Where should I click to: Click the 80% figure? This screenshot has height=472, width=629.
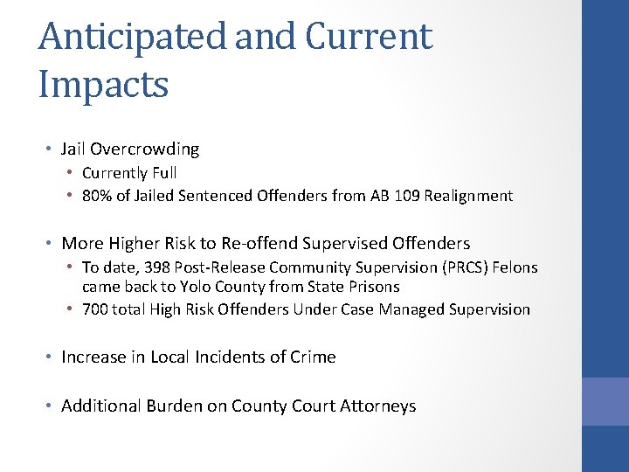coord(97,196)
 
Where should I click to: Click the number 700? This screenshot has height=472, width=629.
coord(95,309)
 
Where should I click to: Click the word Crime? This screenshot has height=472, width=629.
coord(314,357)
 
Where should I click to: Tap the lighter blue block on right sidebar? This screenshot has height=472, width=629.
coord(605,400)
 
